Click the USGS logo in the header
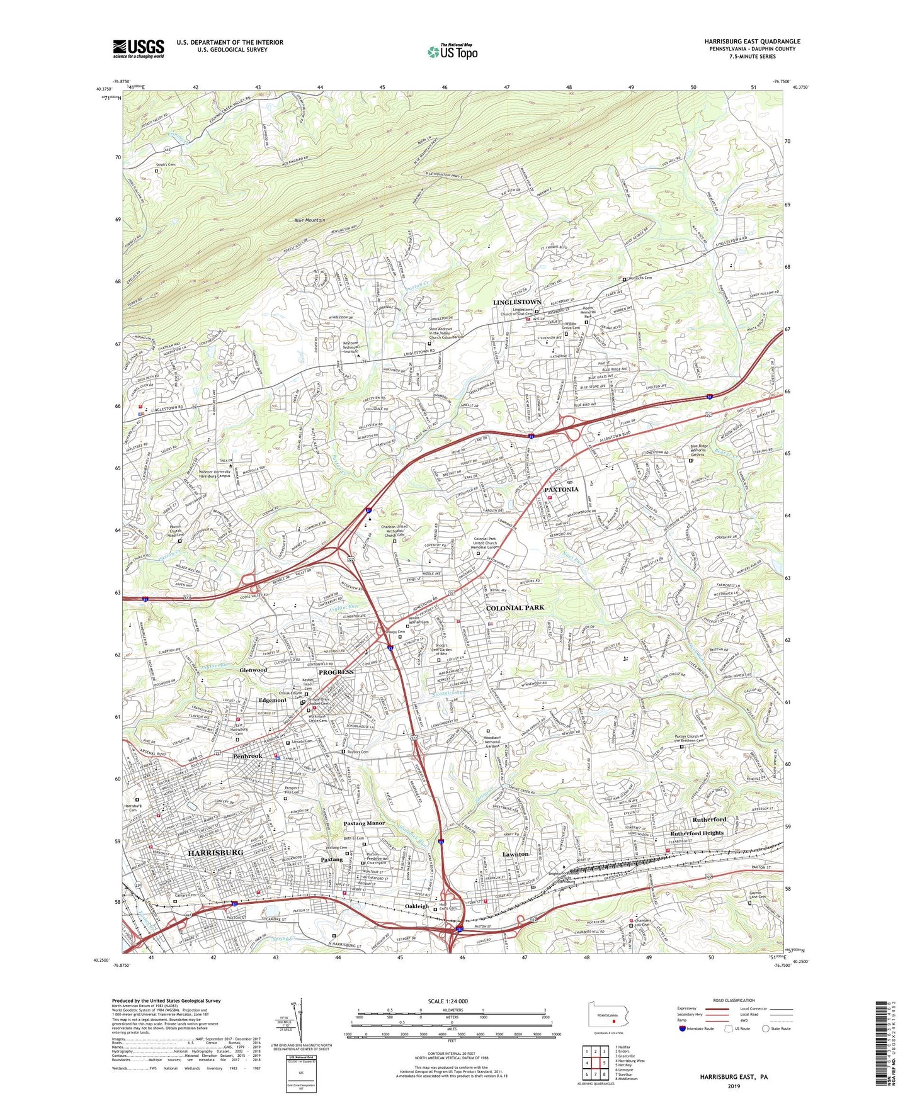pyautogui.click(x=139, y=48)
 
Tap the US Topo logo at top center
pyautogui.click(x=452, y=52)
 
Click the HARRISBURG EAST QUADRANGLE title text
pyautogui.click(x=752, y=42)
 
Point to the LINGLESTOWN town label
pyautogui.click(x=517, y=303)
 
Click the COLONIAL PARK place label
pyautogui.click(x=515, y=608)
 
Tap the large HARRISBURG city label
pyautogui.click(x=215, y=852)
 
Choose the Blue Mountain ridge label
pyautogui.click(x=310, y=220)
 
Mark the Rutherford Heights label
pyautogui.click(x=697, y=833)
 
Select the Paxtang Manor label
pyautogui.click(x=364, y=823)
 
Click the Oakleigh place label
pyautogui.click(x=416, y=906)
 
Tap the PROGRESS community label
pyautogui.click(x=336, y=672)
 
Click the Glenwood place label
pyautogui.click(x=253, y=670)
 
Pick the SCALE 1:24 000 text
pyautogui.click(x=449, y=1001)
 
